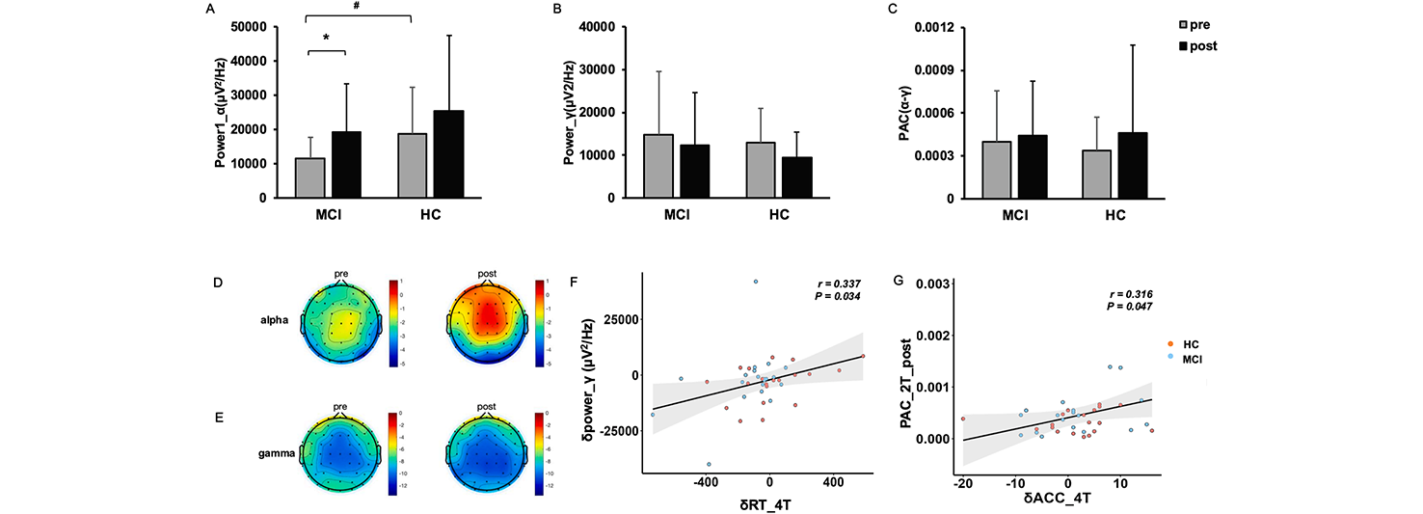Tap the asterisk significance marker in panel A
coord(326,38)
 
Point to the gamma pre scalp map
coord(343,455)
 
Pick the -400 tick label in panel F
coord(707,480)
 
